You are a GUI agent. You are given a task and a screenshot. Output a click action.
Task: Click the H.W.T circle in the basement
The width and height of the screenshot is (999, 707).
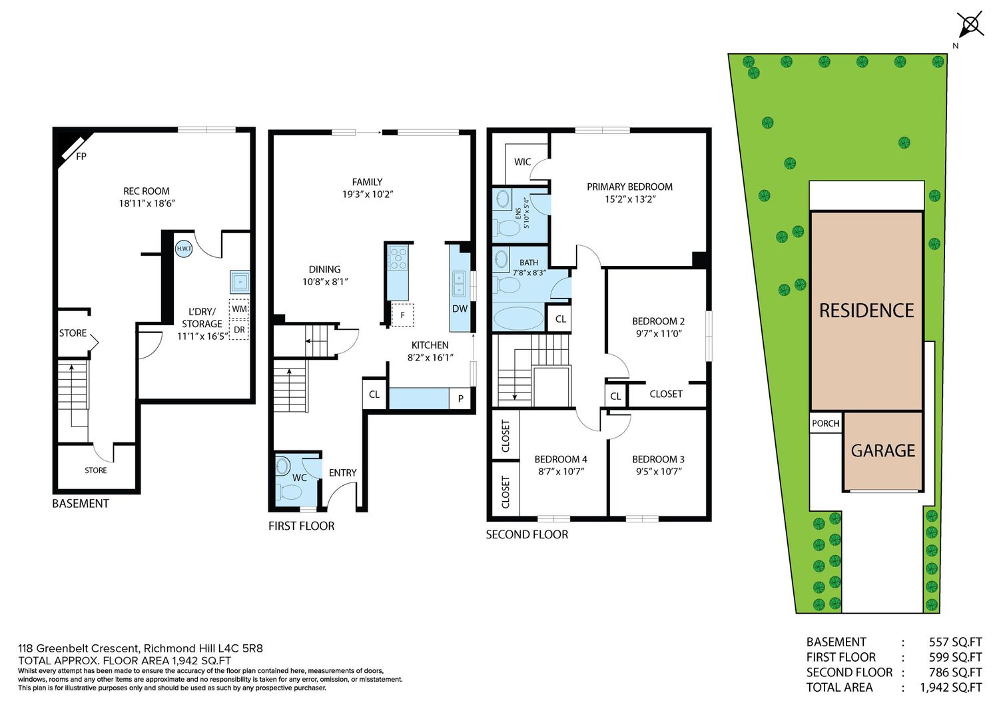[184, 249]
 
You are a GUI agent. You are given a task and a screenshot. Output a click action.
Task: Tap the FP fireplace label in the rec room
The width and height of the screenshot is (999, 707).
[81, 156]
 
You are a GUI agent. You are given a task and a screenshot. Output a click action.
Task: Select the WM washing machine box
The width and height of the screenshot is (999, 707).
[239, 309]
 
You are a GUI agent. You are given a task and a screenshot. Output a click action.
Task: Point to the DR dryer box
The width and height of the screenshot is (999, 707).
[239, 330]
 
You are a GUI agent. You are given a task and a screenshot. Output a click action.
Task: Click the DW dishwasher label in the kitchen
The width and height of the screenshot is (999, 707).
[460, 309]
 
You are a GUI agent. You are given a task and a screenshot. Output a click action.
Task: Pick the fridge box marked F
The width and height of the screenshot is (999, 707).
[402, 315]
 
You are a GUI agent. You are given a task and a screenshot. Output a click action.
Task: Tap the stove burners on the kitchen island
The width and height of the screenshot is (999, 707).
[398, 259]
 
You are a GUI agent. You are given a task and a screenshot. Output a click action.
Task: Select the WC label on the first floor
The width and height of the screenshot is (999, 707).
[299, 478]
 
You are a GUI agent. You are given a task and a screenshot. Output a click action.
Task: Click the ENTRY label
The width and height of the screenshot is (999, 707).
[342, 472]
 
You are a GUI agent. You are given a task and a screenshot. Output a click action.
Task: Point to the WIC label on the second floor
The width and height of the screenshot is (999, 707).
[522, 161]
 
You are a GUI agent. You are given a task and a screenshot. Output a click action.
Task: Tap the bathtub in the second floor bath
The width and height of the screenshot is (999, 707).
[519, 319]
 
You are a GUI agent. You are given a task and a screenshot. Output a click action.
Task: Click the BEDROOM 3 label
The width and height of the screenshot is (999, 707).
[658, 459]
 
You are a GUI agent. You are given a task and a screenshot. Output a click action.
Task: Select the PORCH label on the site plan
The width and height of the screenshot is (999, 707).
[826, 423]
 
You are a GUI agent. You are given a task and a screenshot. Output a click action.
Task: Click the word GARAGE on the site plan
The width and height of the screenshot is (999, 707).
[883, 450]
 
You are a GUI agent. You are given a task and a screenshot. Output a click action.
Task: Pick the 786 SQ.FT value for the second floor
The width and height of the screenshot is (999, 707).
[955, 672]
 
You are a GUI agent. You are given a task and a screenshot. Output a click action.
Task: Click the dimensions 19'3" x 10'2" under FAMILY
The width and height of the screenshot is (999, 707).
[368, 194]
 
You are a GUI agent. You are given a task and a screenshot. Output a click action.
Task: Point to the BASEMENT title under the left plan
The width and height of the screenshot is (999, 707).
[81, 504]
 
